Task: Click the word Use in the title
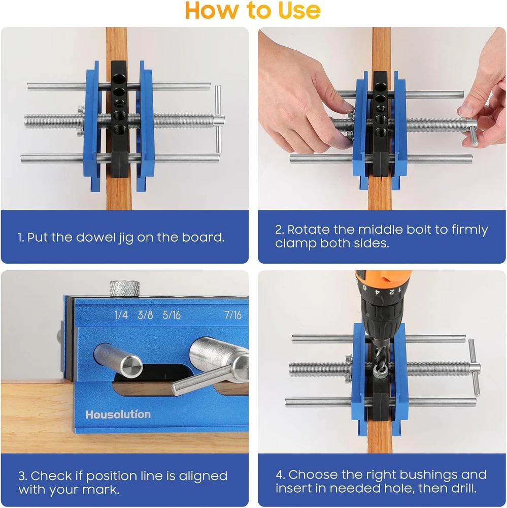[x=299, y=10]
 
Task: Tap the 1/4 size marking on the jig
[x=121, y=314]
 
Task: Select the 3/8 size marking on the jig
[x=145, y=314]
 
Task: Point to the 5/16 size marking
[x=172, y=314]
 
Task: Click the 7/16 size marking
[x=233, y=314]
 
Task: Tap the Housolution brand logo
[x=118, y=415]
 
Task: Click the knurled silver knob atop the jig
[x=124, y=289]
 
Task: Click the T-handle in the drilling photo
[x=475, y=368]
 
